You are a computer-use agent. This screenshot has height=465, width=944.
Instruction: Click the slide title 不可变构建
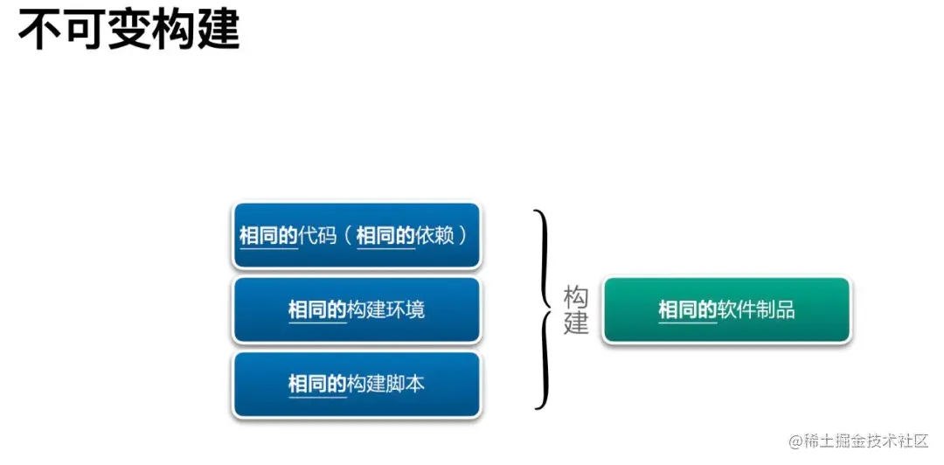point(128,30)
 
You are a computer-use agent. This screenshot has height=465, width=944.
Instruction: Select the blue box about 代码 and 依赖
point(357,235)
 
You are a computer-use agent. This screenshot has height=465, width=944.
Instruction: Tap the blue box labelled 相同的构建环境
point(357,310)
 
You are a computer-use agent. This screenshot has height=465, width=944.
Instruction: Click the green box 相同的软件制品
point(726,310)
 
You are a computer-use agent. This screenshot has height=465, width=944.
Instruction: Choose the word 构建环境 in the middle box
point(387,310)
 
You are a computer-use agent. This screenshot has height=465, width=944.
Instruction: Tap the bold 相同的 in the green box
point(688,310)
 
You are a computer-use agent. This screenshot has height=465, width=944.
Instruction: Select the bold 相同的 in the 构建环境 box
point(318,310)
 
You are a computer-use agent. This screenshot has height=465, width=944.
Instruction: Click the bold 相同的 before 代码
point(269,235)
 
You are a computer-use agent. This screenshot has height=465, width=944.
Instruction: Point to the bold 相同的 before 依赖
point(386,235)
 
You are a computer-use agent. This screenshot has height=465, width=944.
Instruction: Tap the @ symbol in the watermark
point(795,441)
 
